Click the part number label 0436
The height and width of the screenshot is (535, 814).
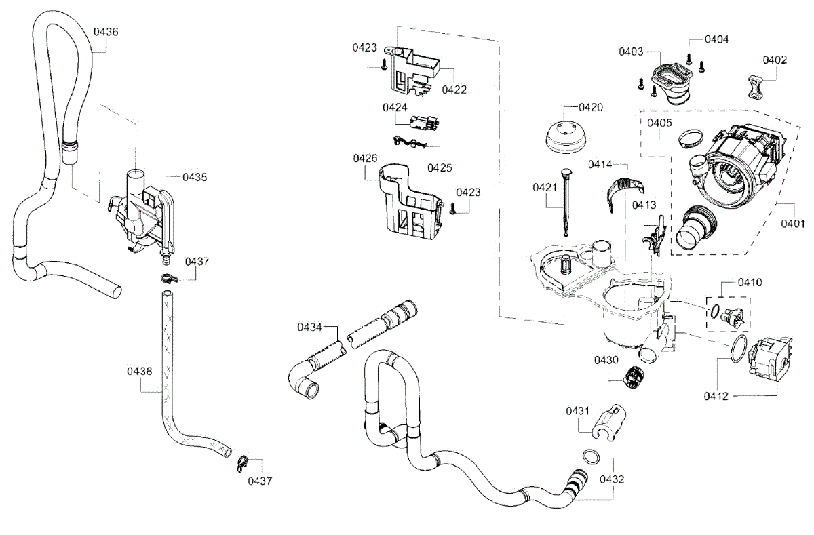(106, 31)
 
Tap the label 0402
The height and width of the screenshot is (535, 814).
(774, 60)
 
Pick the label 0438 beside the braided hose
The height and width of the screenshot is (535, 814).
(139, 371)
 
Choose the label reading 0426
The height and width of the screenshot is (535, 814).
(365, 158)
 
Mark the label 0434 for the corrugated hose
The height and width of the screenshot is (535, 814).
(309, 328)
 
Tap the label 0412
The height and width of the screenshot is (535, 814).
(715, 396)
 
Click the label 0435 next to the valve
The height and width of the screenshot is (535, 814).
(195, 177)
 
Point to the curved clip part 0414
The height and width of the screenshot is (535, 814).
(623, 187)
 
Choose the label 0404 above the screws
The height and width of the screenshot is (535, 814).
(716, 39)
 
